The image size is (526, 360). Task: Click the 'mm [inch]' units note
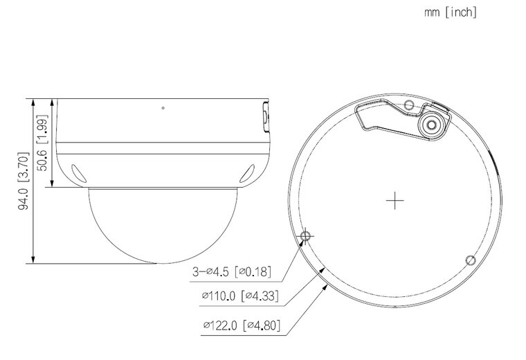(450, 12)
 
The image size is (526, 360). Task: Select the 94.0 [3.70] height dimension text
(23, 181)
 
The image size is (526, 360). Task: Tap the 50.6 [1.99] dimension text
(42, 143)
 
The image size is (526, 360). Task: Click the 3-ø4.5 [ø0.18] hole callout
(231, 271)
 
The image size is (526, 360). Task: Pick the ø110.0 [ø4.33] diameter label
(240, 296)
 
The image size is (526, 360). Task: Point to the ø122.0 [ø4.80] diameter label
(242, 325)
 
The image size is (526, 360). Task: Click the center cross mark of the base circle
(394, 201)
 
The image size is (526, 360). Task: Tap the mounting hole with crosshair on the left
(305, 235)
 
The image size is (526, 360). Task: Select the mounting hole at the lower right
(471, 260)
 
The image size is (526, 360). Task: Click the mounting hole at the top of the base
(408, 105)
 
